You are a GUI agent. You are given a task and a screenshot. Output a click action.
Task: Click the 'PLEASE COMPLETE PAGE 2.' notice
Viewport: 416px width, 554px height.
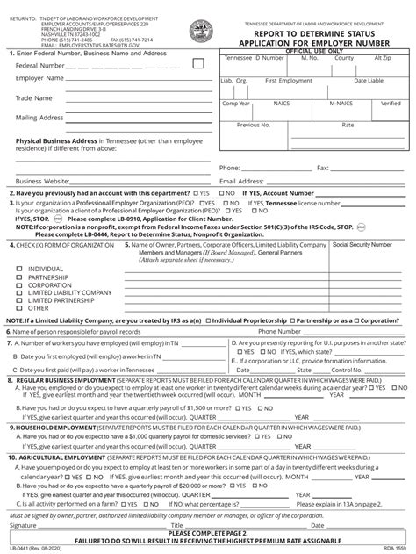(x=209, y=532)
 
